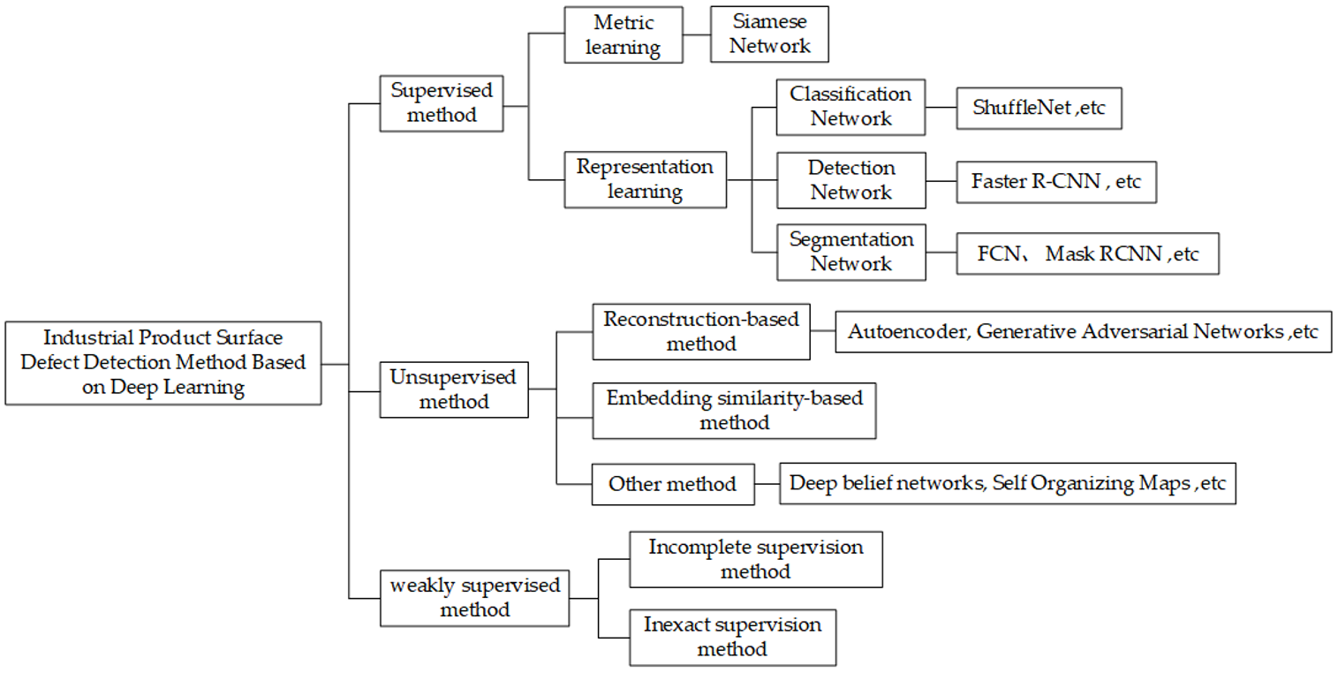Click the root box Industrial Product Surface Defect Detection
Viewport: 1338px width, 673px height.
(163, 363)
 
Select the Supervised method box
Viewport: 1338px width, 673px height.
(442, 103)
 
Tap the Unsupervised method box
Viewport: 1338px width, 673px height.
(454, 389)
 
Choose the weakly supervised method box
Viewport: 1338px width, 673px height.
(474, 598)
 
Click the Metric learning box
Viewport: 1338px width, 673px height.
(624, 34)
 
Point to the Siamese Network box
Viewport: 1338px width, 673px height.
(769, 34)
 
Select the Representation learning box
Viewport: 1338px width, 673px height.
(646, 179)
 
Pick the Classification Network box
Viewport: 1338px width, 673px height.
(850, 107)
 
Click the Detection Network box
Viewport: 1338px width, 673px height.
(851, 180)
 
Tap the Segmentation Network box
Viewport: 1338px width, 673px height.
(851, 252)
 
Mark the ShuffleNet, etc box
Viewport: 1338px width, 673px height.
(1039, 109)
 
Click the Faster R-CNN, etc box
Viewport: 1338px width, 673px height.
(1056, 182)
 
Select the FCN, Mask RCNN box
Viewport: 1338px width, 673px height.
(1087, 254)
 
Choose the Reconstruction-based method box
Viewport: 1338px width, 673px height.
(701, 332)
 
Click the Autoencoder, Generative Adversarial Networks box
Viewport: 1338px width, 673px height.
(1083, 332)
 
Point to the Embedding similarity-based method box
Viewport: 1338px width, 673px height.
(734, 411)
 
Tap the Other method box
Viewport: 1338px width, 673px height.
(673, 484)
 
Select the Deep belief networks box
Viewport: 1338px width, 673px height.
(1007, 484)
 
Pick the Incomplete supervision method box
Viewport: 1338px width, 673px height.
(755, 559)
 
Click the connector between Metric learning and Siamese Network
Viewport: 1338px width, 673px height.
(697, 34)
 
